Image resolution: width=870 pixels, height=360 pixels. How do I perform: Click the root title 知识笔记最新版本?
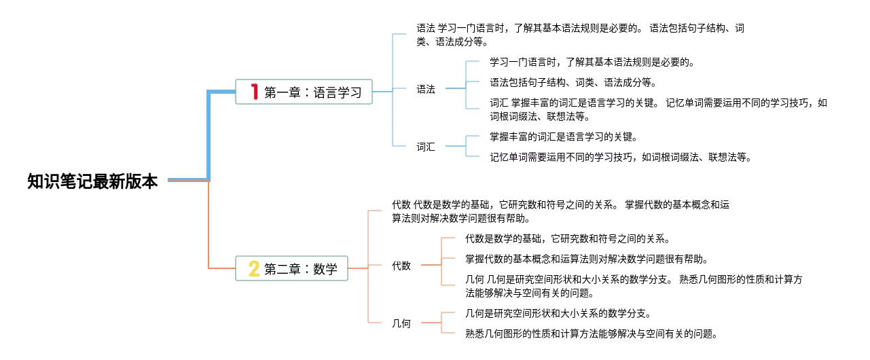[92, 181]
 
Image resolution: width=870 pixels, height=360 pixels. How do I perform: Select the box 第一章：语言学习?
[304, 92]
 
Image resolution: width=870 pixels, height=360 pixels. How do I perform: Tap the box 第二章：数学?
[291, 268]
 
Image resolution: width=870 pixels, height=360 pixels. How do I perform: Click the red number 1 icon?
[255, 92]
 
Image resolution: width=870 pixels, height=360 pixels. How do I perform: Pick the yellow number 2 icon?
[254, 268]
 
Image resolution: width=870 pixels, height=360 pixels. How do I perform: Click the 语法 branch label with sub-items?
[426, 89]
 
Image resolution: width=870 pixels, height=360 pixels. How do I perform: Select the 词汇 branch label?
[426, 147]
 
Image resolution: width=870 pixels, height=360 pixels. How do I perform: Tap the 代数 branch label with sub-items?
[401, 266]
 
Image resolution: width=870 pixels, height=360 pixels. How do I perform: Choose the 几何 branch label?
[401, 323]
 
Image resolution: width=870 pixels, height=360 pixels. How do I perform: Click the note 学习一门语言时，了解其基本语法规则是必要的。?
[592, 62]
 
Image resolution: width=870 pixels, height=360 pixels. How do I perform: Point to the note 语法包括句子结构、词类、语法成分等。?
[573, 82]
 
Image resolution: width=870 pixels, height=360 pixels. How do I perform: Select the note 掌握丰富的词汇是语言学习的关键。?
[564, 137]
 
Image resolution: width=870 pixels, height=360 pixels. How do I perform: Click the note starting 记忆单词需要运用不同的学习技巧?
[621, 158]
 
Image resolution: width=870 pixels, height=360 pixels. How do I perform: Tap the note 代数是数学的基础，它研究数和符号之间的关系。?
[568, 238]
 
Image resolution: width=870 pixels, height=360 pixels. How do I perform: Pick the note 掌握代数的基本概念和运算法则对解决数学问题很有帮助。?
[587, 259]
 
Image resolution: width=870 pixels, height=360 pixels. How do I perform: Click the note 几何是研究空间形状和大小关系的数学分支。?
[558, 313]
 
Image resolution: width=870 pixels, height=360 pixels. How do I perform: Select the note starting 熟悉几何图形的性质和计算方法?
[592, 334]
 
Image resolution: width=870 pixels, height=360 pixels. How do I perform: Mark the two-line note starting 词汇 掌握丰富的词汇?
[658, 109]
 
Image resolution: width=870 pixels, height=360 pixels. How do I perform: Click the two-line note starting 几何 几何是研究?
[634, 286]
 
